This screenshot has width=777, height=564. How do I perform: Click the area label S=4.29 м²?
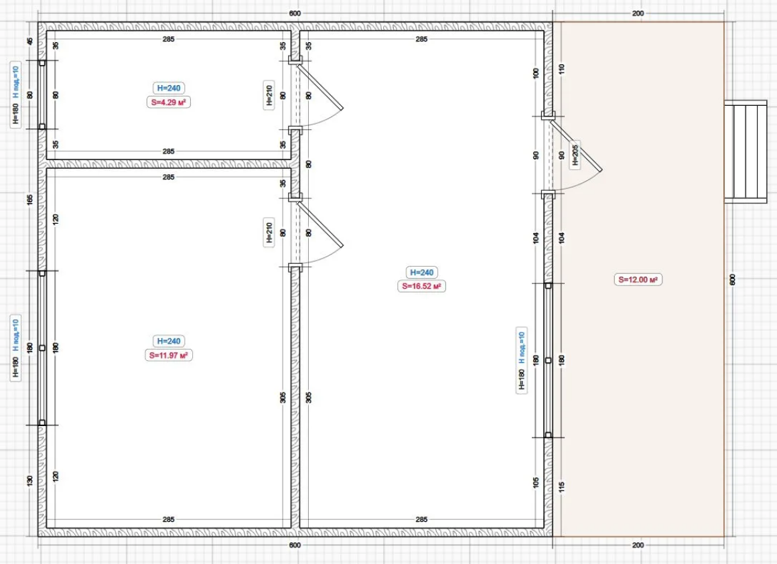click(x=169, y=102)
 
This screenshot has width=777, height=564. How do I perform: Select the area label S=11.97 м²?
click(x=169, y=356)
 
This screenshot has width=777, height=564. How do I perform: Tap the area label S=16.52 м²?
click(x=421, y=286)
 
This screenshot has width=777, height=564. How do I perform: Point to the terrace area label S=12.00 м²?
click(x=638, y=279)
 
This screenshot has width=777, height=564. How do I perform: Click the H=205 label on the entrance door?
click(x=575, y=155)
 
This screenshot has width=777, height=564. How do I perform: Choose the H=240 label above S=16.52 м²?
click(x=422, y=273)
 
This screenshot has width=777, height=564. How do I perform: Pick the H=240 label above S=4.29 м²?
click(x=169, y=88)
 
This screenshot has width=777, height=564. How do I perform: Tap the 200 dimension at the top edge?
click(x=638, y=13)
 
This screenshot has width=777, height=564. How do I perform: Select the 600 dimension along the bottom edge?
click(x=294, y=545)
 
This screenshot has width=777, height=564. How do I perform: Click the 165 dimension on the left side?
click(x=29, y=200)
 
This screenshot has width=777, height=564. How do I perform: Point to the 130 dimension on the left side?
click(x=29, y=480)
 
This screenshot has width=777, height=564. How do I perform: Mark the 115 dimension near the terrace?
click(x=561, y=487)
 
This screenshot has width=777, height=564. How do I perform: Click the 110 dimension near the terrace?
click(x=561, y=69)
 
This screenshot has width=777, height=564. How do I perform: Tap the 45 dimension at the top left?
click(x=29, y=41)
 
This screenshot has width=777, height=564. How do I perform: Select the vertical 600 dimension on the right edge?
click(x=732, y=280)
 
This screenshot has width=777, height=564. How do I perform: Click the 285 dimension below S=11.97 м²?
click(x=169, y=519)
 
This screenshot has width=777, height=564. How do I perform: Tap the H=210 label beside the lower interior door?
click(x=269, y=232)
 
